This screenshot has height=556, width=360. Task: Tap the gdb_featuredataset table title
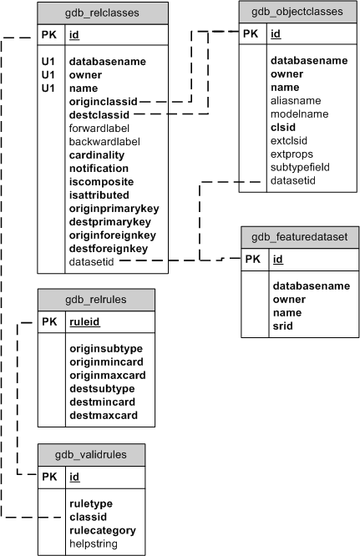point(299,236)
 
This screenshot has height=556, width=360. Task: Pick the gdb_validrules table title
point(91,454)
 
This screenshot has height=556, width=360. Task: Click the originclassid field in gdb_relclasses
point(103,100)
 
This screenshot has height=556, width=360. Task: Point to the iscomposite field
point(101,181)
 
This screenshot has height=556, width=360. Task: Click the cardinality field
point(96,154)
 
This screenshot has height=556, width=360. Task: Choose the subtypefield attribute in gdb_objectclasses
point(299,166)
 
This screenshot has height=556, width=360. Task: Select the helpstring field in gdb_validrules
point(93,543)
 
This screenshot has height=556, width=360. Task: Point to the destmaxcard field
point(103,414)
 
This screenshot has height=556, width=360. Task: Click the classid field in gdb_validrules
point(87,517)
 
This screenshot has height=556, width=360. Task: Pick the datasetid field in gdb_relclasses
point(93,261)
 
